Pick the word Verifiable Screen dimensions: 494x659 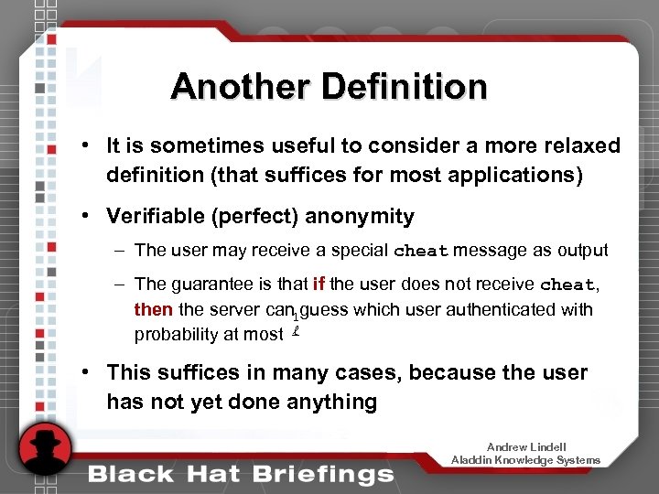coord(155,216)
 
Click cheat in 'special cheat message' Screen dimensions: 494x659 coord(420,251)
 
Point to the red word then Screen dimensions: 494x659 coord(154,309)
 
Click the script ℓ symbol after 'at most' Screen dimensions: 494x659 coord(296,332)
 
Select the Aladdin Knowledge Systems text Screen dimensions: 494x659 coord(525,459)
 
